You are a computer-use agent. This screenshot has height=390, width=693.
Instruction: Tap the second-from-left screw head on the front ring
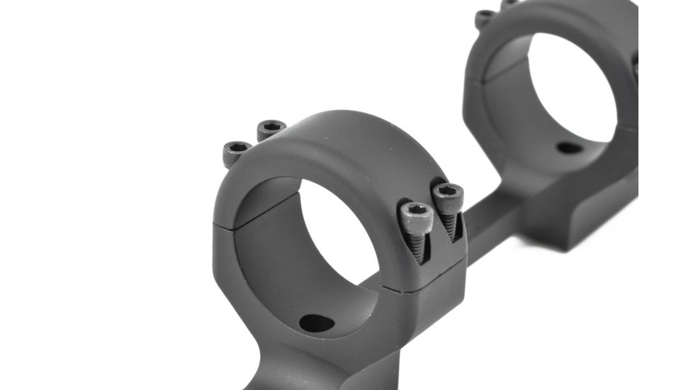[x=271, y=128]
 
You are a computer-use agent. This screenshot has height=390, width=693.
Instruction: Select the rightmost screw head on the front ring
[x=447, y=195]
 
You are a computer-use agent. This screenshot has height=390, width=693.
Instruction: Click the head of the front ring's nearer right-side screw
[x=416, y=215]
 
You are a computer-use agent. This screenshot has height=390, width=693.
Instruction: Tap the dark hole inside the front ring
[x=317, y=323]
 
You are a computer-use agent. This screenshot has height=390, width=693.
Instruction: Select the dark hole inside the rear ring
[x=569, y=148]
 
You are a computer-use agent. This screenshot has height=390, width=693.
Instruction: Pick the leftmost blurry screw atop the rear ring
[x=485, y=17]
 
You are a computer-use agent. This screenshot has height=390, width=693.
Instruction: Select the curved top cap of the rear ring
[x=560, y=18]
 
